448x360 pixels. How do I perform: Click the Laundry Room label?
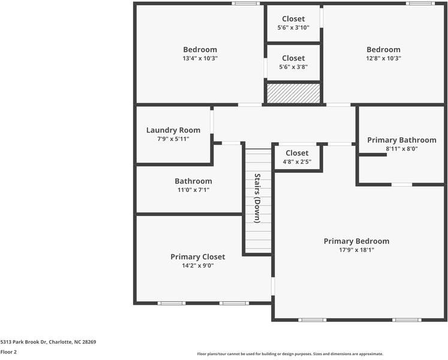(173, 130)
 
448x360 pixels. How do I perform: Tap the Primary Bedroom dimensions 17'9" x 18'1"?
(357, 250)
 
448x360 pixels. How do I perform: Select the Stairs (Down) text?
(257, 198)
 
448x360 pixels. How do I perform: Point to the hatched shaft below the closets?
(293, 93)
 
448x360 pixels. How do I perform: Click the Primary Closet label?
(198, 257)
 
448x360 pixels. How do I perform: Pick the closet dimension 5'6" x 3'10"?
(293, 28)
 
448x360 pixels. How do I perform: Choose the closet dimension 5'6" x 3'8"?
(293, 67)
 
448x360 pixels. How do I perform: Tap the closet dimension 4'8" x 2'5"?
(297, 162)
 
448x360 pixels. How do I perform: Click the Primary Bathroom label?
(402, 140)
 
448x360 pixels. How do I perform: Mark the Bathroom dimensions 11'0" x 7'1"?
(194, 190)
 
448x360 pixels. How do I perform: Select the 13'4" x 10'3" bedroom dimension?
(200, 58)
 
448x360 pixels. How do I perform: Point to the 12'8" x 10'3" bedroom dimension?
(384, 58)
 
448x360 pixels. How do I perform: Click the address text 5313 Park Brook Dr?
(23, 342)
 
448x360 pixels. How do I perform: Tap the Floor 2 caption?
(8, 352)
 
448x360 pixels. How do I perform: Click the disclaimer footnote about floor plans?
(290, 354)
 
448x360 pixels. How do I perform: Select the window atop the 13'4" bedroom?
(246, 4)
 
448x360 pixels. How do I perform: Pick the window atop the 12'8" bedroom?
(420, 4)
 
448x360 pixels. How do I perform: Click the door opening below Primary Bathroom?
(402, 185)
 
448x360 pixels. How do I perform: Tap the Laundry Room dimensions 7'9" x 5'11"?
(173, 139)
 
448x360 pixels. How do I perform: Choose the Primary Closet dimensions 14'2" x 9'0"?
(198, 266)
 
